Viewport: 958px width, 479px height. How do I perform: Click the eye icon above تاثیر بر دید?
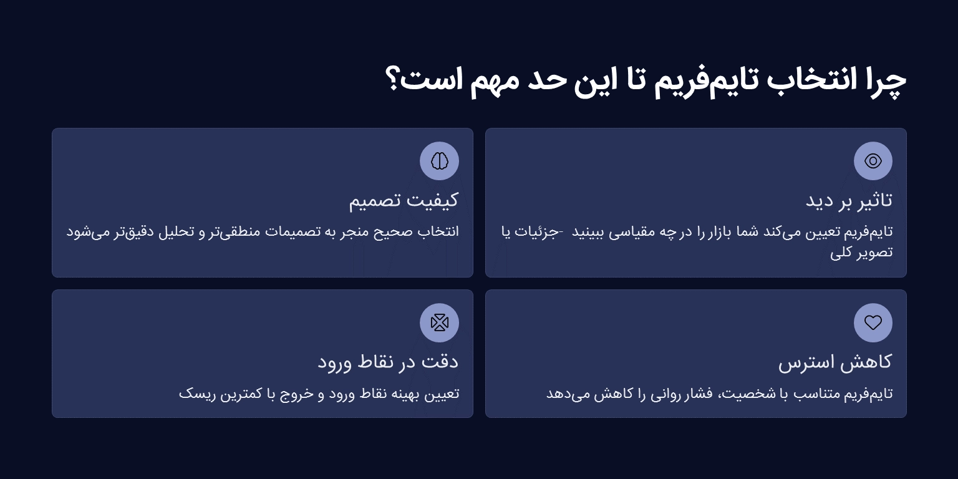(873, 161)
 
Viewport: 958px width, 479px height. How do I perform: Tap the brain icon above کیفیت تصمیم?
(439, 161)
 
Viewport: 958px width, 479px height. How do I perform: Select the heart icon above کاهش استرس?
(873, 322)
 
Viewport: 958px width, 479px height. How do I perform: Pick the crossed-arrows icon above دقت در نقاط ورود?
(439, 322)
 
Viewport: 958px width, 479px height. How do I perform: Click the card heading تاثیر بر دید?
(848, 200)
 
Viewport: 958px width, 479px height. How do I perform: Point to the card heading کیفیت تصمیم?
(404, 200)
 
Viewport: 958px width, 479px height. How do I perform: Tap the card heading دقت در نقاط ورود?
(388, 362)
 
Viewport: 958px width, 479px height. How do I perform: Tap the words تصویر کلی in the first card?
(861, 252)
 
